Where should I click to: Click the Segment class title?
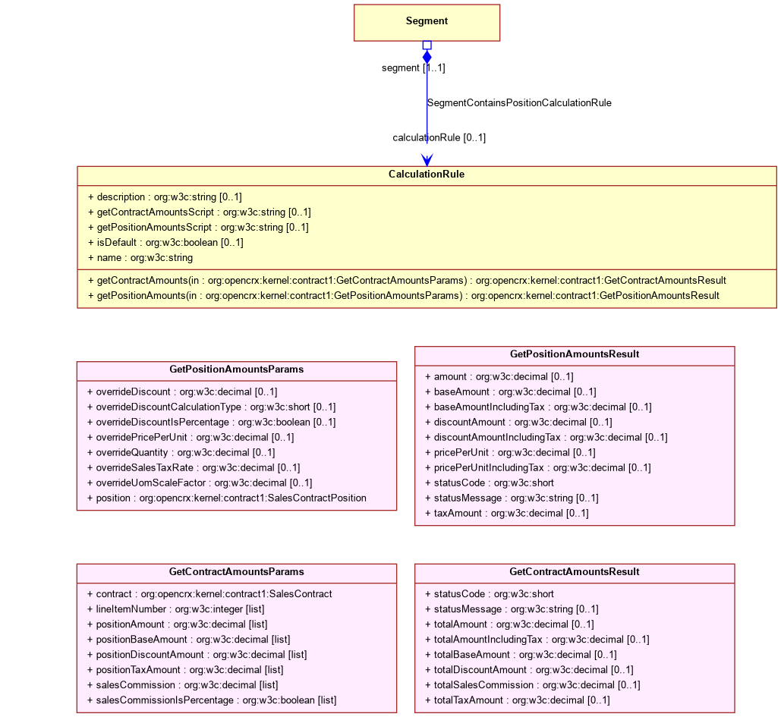[427, 21]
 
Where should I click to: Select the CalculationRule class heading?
[427, 175]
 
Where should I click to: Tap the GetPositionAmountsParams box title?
[237, 370]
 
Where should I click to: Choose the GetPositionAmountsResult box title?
[575, 354]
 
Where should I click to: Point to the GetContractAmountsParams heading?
[237, 571]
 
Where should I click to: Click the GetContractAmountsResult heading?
[575, 571]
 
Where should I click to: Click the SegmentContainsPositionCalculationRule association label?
[519, 103]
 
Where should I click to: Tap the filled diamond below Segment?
[427, 57]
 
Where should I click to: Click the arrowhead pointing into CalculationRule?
[427, 160]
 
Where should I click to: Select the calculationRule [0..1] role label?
[439, 137]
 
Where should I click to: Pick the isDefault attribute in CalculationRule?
[166, 243]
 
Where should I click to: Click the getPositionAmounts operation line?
[404, 296]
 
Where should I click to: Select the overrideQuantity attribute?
[181, 453]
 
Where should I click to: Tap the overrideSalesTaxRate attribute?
[194, 467]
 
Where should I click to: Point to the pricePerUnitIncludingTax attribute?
[538, 467]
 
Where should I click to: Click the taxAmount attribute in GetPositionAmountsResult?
[506, 514]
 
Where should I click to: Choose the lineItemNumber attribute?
[176, 609]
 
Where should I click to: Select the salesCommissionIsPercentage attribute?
[212, 700]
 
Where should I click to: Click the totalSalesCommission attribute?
[533, 685]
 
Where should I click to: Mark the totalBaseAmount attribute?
[521, 655]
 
